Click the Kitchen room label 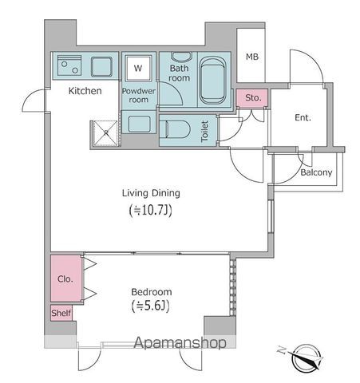point(85,91)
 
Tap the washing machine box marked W point(137,68)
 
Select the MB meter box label point(251,57)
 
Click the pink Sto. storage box point(253,98)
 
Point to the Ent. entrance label point(303,118)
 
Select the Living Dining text point(151,193)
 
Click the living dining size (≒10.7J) point(151,211)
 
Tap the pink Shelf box point(61,314)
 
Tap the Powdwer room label point(138,96)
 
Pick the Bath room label point(178,73)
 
